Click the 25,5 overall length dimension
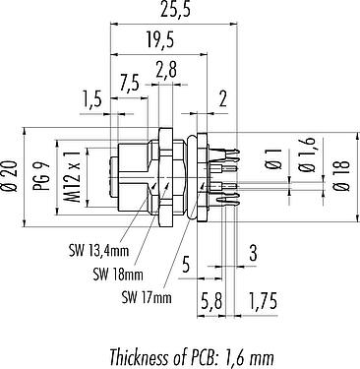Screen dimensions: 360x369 click(175, 10)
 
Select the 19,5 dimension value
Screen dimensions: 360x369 click(160, 39)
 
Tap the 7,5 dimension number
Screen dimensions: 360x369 click(130, 83)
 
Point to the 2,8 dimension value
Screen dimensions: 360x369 click(166, 69)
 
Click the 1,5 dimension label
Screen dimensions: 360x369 click(92, 100)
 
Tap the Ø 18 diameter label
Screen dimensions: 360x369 click(341, 175)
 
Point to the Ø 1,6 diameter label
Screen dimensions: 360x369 click(308, 155)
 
